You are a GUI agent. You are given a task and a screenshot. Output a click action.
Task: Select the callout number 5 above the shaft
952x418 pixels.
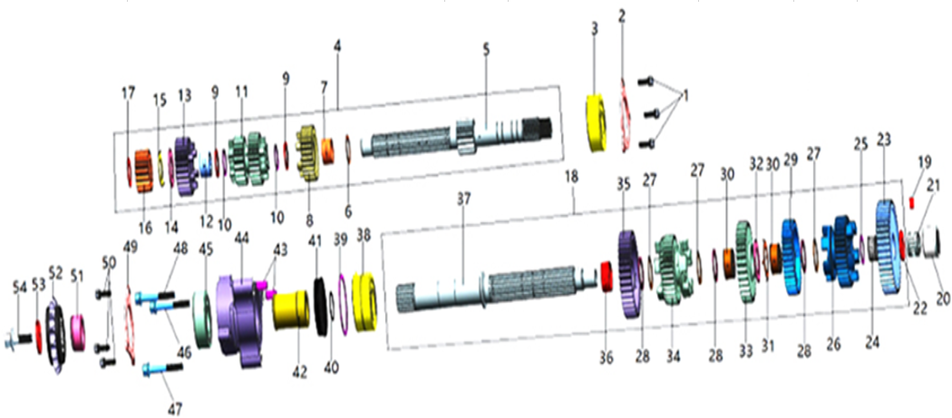486,49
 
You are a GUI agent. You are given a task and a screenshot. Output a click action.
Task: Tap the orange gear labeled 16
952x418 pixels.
142,172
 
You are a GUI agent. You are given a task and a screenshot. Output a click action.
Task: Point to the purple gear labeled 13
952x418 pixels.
184,163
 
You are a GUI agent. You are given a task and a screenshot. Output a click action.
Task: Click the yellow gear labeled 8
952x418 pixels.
309,154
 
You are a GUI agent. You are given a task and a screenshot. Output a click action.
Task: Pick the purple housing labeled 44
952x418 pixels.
242,319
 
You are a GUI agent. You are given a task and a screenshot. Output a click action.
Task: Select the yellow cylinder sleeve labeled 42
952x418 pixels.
291,310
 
